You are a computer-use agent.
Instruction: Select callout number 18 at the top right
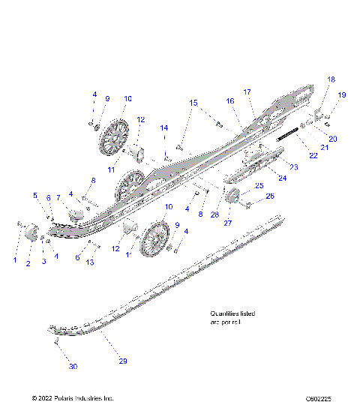point(331,79)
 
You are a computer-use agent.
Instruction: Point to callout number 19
point(342,94)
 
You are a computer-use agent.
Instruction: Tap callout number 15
point(193,101)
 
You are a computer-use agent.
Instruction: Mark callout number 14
point(164,128)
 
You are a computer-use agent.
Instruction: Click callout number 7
point(58,197)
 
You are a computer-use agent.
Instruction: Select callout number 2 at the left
point(28,264)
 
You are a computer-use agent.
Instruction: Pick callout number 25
point(259,185)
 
